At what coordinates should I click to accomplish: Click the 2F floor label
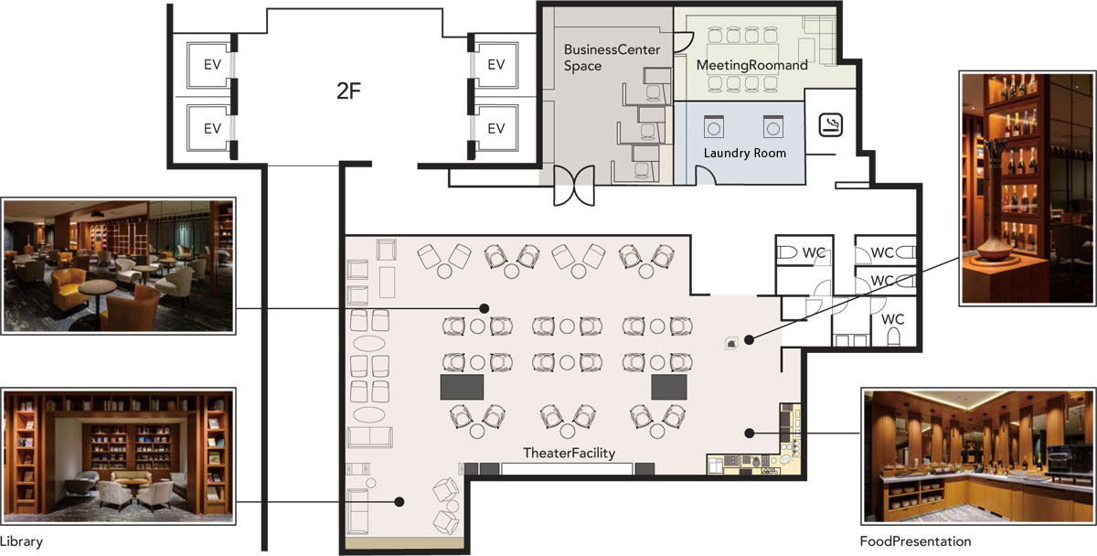[348, 91]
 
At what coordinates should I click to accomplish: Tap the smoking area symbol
[831, 124]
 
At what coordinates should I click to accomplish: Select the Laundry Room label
[744, 153]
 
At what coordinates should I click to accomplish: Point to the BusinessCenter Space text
[612, 58]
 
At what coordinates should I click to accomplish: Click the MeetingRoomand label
[751, 65]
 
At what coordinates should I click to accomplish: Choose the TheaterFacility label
[569, 453]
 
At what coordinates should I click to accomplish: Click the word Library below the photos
[22, 541]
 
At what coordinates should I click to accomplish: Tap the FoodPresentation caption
[915, 540]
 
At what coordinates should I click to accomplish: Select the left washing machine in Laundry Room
[714, 127]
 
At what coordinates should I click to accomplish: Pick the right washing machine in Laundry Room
[773, 127]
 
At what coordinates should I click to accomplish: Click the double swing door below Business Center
[574, 185]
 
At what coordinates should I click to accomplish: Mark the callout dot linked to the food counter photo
[749, 433]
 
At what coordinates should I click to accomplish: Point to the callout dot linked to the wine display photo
[749, 339]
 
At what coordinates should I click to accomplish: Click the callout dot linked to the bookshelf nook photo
[399, 502]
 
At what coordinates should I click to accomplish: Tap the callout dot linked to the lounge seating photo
[484, 308]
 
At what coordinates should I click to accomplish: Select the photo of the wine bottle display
[1027, 188]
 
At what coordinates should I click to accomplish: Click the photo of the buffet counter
[978, 456]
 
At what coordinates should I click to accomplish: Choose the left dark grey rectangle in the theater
[462, 387]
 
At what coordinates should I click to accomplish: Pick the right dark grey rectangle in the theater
[669, 387]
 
